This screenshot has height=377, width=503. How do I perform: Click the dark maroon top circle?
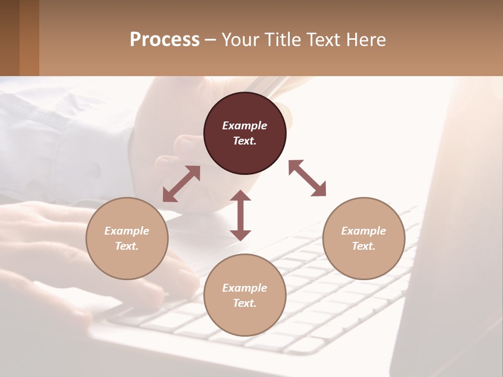245,134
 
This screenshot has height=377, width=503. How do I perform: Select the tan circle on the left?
127,238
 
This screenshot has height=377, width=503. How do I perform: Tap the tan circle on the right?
364,238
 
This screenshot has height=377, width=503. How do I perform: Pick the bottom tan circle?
245,295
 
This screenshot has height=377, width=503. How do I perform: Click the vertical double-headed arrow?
240,215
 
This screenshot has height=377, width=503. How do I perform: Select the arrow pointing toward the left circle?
181,184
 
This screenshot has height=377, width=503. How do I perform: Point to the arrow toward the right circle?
307,178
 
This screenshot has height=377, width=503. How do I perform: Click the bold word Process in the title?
165,40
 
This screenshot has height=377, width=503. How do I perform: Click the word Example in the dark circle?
245,126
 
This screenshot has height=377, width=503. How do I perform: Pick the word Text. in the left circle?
127,246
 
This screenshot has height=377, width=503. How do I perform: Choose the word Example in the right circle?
364,231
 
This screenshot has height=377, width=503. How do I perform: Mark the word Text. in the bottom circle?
245,303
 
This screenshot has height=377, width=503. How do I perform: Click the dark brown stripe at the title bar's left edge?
9,38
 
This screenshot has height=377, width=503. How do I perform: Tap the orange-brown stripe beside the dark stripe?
29,38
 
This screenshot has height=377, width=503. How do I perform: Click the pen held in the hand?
265,84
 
